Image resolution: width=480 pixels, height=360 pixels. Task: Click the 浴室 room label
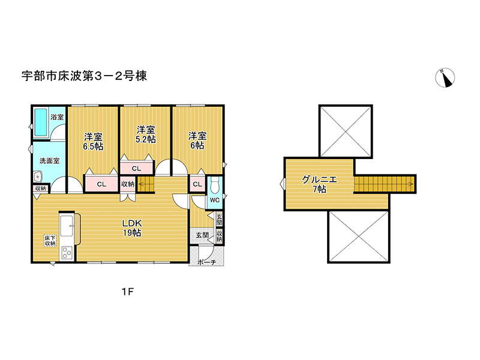pos(57,117)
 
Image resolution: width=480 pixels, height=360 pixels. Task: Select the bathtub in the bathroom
pos(41,122)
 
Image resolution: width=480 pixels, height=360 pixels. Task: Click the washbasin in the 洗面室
pos(37,176)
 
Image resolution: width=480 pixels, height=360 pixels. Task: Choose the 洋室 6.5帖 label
pos(92,141)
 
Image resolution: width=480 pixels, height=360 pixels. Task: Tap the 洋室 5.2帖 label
pos(145,134)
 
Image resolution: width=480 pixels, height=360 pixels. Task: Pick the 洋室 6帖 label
pos(197,140)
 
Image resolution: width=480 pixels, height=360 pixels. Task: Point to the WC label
pos(214,200)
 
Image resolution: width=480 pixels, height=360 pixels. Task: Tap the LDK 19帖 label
pos(132,227)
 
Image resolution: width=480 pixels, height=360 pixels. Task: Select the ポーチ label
pos(206,262)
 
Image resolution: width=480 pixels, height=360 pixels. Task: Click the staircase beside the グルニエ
pos(384,184)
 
